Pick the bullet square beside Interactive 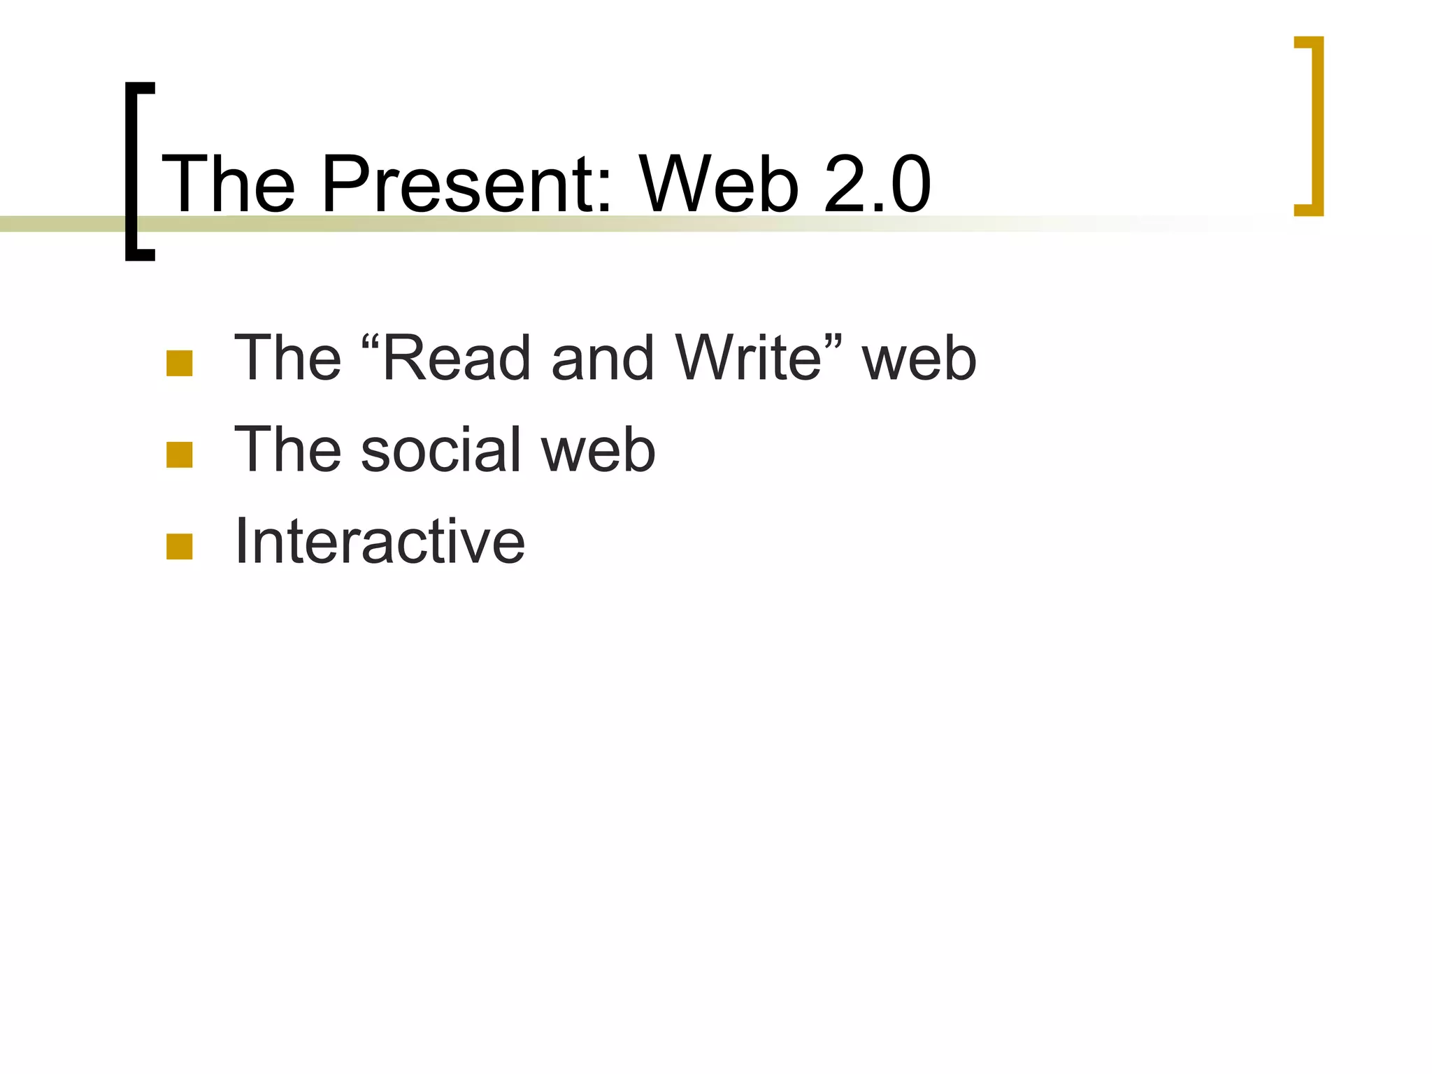[180, 547]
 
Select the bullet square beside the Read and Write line [180, 364]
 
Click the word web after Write [919, 358]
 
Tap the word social [441, 450]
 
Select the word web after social [599, 450]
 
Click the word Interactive [380, 541]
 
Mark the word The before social [287, 450]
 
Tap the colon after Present [605, 192]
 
